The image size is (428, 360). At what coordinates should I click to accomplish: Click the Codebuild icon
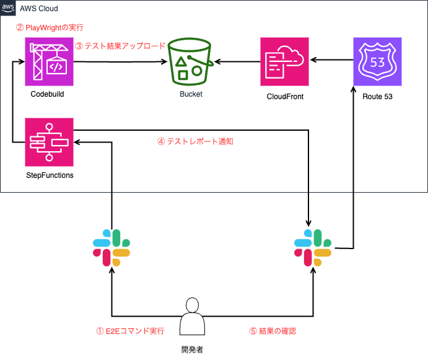coord(50,61)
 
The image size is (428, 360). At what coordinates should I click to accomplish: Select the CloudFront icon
coord(285,61)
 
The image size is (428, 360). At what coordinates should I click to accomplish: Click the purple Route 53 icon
coord(377,61)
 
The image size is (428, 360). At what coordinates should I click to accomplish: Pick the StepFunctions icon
coord(50,141)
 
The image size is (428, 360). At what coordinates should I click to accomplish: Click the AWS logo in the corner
coord(7,7)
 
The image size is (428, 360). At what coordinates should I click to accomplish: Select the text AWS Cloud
coord(40,8)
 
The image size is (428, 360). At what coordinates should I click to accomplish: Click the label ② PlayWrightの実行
coord(49,28)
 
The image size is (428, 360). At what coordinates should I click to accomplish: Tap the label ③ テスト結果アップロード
coord(120,46)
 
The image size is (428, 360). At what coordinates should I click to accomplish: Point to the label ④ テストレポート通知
coord(195,141)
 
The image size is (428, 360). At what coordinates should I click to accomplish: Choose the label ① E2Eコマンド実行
coord(129,331)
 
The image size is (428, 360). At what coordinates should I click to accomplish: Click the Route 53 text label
coord(377,97)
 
